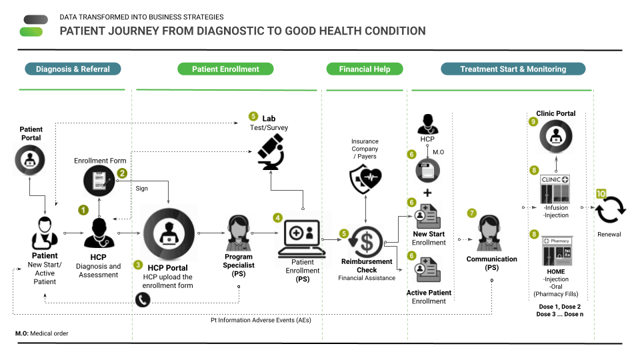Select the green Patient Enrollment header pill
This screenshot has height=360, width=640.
225,69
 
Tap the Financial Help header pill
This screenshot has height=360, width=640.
365,69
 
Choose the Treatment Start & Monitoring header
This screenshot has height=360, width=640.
513,69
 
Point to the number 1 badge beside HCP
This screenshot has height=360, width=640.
83,209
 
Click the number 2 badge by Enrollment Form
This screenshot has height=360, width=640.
123,173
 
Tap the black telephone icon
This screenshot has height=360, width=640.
143,300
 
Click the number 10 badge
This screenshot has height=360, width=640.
601,193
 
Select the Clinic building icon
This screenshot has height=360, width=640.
555,189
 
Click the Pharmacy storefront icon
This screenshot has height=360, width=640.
555,251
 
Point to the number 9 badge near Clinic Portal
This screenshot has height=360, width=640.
533,122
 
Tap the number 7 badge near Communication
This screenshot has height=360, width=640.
472,213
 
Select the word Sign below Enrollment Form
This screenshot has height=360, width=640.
142,189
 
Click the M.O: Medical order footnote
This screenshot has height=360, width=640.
41,333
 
